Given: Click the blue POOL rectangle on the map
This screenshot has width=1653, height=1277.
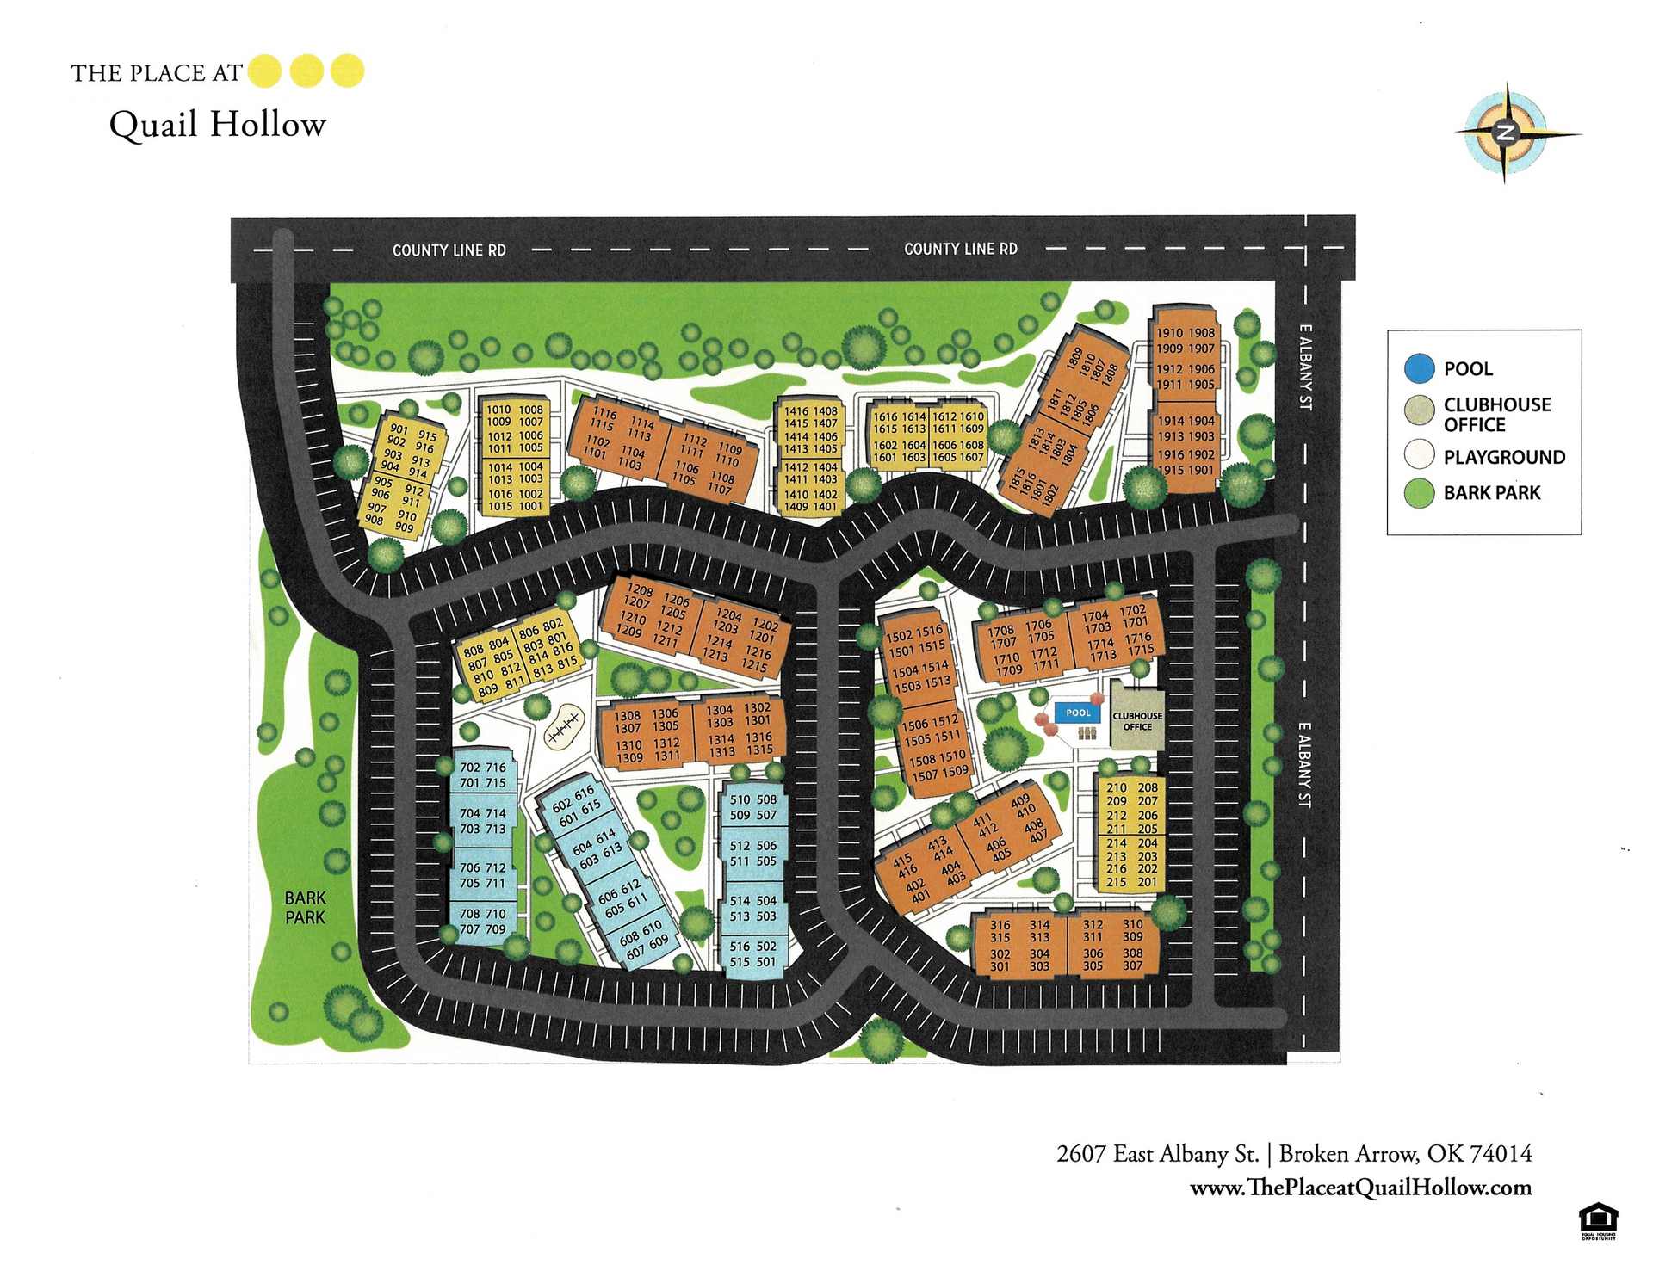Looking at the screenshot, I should [1077, 713].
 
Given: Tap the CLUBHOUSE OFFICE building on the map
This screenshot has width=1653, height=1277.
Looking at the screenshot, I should [1136, 716].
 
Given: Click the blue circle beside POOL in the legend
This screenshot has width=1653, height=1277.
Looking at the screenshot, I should [1419, 368].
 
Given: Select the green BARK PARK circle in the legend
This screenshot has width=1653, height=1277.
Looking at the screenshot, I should [1419, 493].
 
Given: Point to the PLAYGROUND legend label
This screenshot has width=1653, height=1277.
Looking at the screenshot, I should [1504, 457].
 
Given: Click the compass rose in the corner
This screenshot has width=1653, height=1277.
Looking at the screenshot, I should [1506, 133].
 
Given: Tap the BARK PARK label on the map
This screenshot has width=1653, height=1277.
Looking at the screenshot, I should [305, 908].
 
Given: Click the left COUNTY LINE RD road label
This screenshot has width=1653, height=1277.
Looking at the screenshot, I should [449, 250].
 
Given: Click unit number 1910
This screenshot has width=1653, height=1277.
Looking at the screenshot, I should [1169, 333].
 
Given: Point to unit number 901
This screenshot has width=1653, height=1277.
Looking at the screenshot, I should [399, 429].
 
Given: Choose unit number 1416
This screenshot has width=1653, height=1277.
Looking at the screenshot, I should [796, 411].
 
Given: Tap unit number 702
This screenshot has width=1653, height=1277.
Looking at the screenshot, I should [470, 768].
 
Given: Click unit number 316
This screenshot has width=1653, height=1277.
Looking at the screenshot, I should [1000, 925].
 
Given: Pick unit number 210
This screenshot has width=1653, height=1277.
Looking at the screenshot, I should [1116, 787].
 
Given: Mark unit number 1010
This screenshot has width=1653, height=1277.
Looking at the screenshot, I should [499, 410].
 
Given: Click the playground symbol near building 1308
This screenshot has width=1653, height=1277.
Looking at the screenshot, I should [564, 730].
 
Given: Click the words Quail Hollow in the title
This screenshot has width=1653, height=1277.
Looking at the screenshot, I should [217, 125].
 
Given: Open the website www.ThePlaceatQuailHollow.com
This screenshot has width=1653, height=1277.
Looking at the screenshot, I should [1360, 1188].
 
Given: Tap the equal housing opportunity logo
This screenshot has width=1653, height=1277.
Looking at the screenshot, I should [1598, 1220].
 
